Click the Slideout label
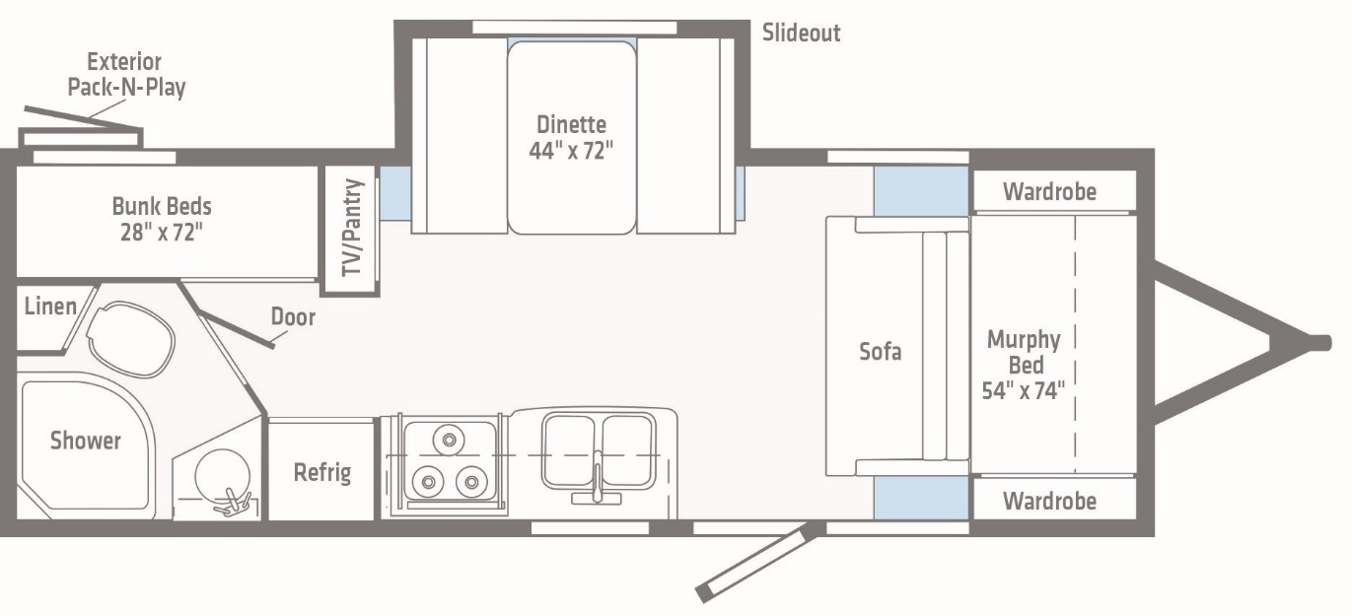pyautogui.click(x=801, y=33)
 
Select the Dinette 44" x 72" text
pyautogui.click(x=571, y=137)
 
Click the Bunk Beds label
pyautogui.click(x=162, y=219)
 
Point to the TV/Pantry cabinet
pyautogui.click(x=352, y=231)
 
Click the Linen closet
pyautogui.click(x=49, y=307)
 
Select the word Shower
pyautogui.click(x=86, y=441)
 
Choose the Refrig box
pyautogui.click(x=322, y=472)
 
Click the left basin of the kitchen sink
pyautogui.click(x=569, y=449)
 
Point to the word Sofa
pyautogui.click(x=880, y=351)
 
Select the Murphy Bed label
pyautogui.click(x=1024, y=365)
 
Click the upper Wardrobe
pyautogui.click(x=1049, y=191)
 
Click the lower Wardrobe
pyautogui.click(x=1049, y=501)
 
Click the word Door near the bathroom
pyautogui.click(x=293, y=316)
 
